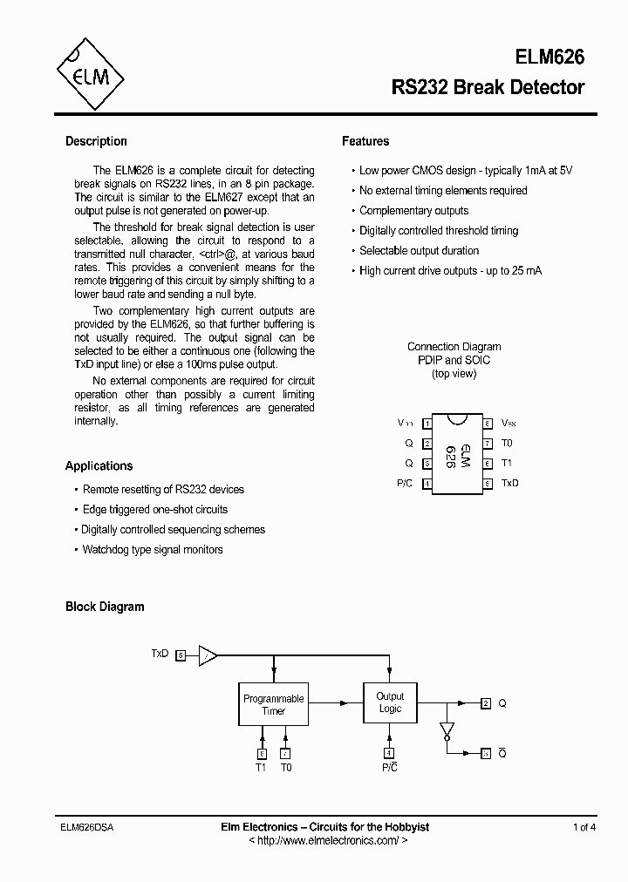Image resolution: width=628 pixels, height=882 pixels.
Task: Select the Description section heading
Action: coord(96,141)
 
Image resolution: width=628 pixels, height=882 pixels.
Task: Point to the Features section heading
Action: coord(365,141)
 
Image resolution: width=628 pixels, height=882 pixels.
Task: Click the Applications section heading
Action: coord(99,465)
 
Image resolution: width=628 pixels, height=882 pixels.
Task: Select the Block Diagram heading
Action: coord(105,607)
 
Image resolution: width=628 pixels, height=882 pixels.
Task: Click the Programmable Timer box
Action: coord(274,704)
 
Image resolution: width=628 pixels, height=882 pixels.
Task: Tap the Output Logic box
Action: coord(390,702)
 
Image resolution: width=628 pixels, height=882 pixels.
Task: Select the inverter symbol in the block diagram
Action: coord(447,728)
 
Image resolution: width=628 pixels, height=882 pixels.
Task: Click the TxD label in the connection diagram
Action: coord(509,483)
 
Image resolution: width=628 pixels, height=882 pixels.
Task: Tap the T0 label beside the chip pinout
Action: coord(507,443)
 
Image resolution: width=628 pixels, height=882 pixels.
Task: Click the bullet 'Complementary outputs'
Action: coord(413,211)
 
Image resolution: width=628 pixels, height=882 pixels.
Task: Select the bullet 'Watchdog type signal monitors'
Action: coord(153,550)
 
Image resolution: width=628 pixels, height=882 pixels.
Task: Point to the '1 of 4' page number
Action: coord(584,827)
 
